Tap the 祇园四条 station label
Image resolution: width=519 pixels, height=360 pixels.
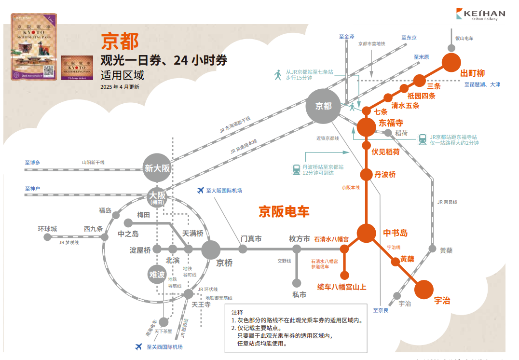[421, 96]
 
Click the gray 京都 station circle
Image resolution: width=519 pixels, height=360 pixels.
[323, 106]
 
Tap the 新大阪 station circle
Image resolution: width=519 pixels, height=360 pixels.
[156, 168]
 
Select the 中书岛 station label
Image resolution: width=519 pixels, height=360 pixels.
[396, 233]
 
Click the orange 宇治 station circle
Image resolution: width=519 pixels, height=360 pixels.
[424, 290]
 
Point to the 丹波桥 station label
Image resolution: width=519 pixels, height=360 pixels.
[385, 174]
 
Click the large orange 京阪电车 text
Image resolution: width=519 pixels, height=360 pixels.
[284, 211]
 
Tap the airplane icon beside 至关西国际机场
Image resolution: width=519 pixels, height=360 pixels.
[139, 346]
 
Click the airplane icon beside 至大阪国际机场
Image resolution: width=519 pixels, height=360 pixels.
[200, 191]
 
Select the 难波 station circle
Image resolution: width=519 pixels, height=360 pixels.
[156, 275]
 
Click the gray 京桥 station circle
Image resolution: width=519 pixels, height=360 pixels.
[211, 249]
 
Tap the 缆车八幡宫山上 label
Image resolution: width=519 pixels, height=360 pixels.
[341, 287]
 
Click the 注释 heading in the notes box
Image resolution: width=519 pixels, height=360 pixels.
[237, 312]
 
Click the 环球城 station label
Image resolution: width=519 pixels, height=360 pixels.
[48, 228]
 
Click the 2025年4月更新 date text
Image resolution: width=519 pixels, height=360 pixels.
[120, 87]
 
